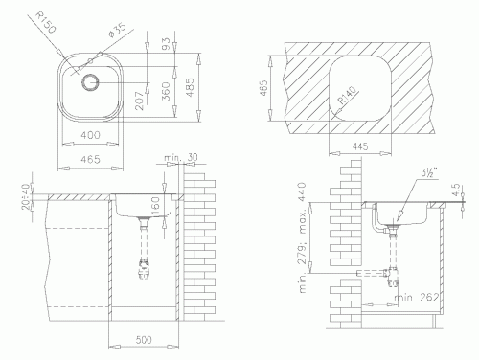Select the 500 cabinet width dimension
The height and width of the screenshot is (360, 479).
click(144, 341)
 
